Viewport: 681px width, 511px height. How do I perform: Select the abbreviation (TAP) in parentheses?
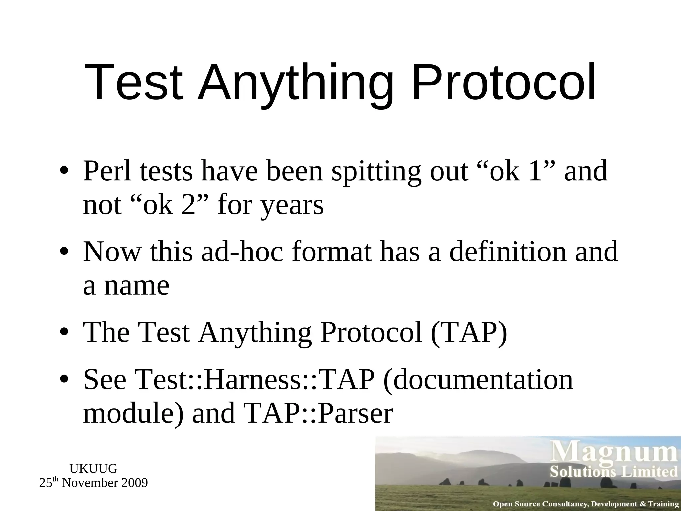[469, 333]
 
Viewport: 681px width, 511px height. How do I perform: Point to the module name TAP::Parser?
[319, 414]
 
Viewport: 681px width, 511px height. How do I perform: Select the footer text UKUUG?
[93, 469]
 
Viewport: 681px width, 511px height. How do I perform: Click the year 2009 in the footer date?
[134, 483]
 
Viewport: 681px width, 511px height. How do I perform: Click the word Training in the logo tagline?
[663, 504]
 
